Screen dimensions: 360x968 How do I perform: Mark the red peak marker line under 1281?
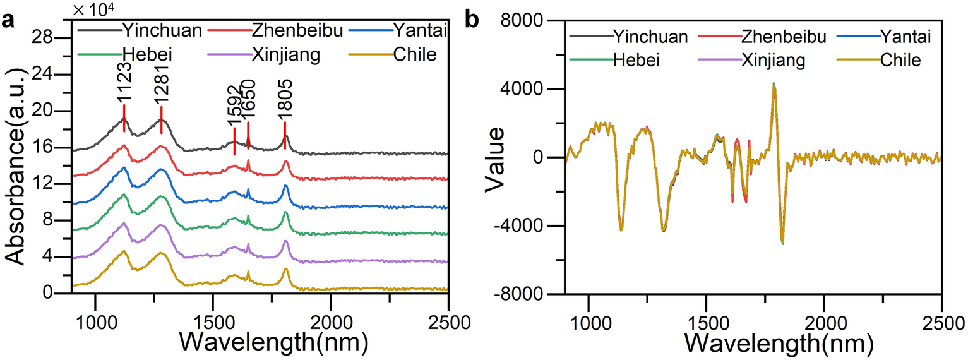click(162, 120)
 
